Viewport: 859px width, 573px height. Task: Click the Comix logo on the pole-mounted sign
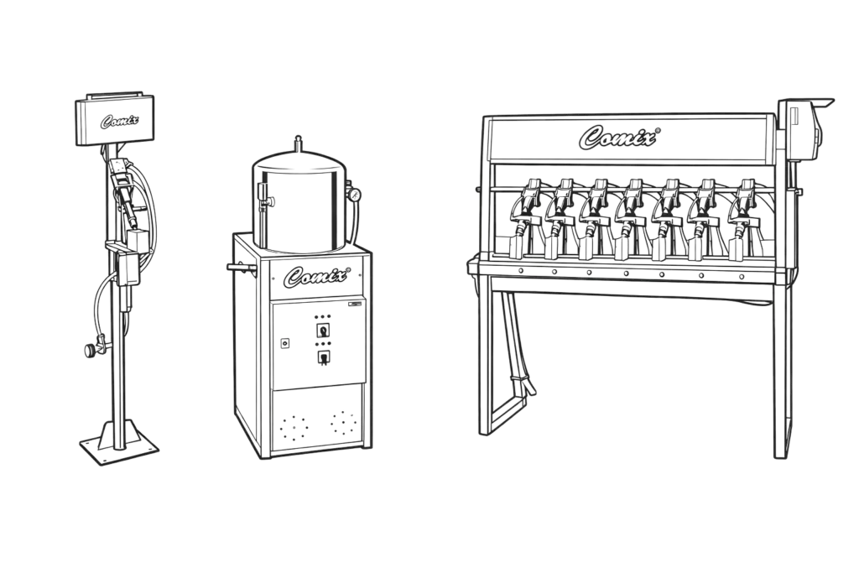point(119,121)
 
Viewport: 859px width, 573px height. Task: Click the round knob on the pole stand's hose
point(89,350)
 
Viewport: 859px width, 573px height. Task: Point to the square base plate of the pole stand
point(119,443)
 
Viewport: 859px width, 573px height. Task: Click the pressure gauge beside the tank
point(353,194)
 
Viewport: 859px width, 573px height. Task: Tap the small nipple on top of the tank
point(298,143)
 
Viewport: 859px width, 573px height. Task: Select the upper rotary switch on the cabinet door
point(323,331)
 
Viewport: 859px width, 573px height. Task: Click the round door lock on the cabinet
point(285,343)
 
